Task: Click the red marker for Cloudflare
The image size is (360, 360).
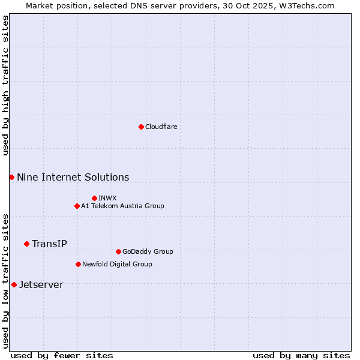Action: point(141,127)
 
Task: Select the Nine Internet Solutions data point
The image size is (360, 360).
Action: point(11,177)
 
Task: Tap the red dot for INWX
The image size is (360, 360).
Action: point(94,198)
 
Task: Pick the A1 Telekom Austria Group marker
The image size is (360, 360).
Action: point(77,206)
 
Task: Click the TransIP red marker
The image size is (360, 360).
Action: point(26,244)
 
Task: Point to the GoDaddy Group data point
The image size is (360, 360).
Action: point(118,251)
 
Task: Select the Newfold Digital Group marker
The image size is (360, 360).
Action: point(78,264)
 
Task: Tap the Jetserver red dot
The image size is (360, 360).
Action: point(14,284)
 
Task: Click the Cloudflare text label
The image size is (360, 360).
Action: point(161,127)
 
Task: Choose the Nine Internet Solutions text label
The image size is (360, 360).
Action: point(73,177)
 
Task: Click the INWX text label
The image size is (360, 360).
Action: point(107,198)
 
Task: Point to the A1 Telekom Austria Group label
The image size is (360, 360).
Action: point(122,206)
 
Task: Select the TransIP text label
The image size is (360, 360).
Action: point(49,244)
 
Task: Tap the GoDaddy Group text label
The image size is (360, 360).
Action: point(148,251)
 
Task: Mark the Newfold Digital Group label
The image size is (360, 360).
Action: point(117,264)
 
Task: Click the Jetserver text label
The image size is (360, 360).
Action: point(41,284)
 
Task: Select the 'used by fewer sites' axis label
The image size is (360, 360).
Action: point(62,355)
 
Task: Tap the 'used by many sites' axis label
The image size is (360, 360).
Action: point(301,355)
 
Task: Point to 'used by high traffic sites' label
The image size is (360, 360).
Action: point(5,85)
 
